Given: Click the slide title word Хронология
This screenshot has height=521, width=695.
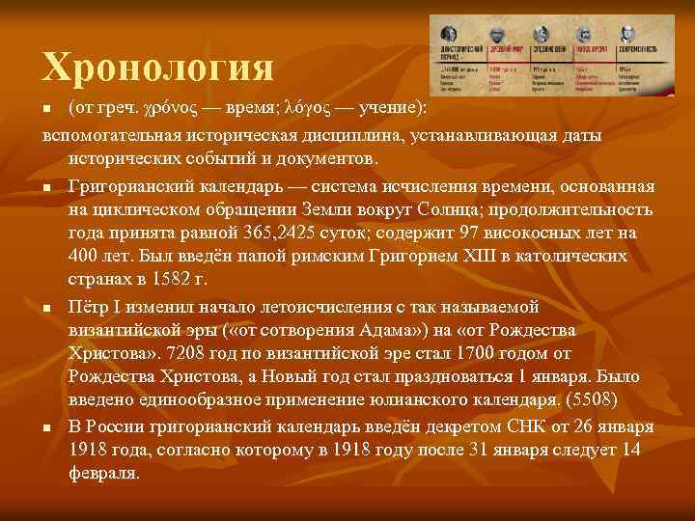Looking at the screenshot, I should tap(158, 68).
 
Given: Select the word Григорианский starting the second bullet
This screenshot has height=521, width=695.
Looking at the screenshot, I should tap(131, 187).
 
